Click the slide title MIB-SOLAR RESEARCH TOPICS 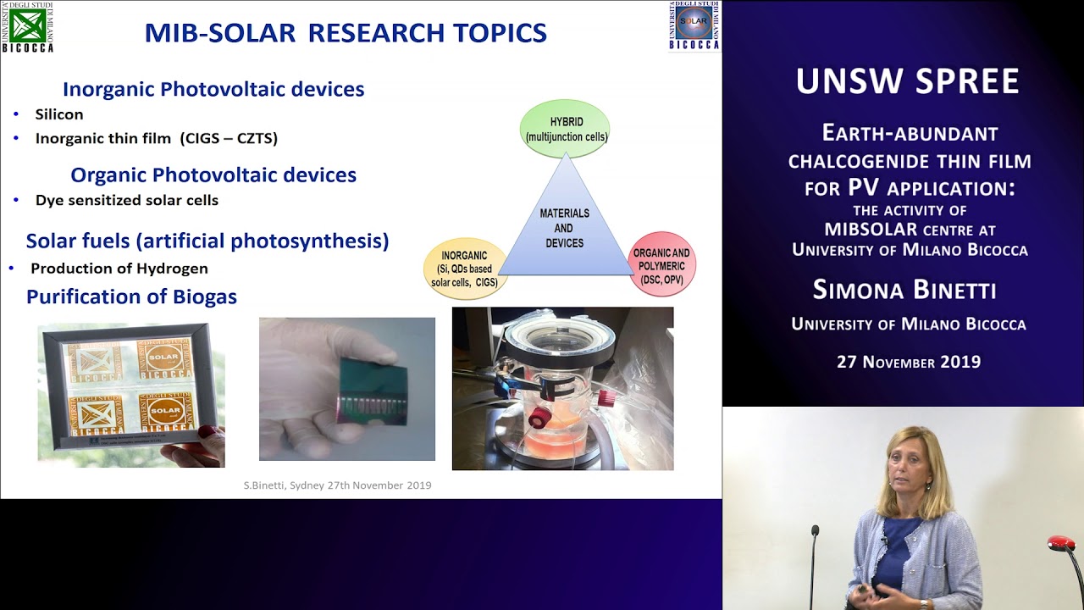pos(346,33)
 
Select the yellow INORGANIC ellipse pos(464,269)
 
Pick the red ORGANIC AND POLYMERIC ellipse pos(662,263)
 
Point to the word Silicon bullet pos(58,114)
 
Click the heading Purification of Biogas pos(131,297)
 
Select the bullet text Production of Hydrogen pos(119,269)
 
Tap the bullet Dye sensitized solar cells pos(126,201)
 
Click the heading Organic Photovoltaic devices pos(213,175)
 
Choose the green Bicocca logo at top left pos(27,26)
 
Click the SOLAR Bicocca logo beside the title pos(694,26)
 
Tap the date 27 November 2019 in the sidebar pos(909,362)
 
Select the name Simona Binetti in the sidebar pos(904,290)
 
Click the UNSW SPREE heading pos(907,81)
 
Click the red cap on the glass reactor pos(538,418)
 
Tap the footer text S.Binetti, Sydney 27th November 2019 pos(337,485)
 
